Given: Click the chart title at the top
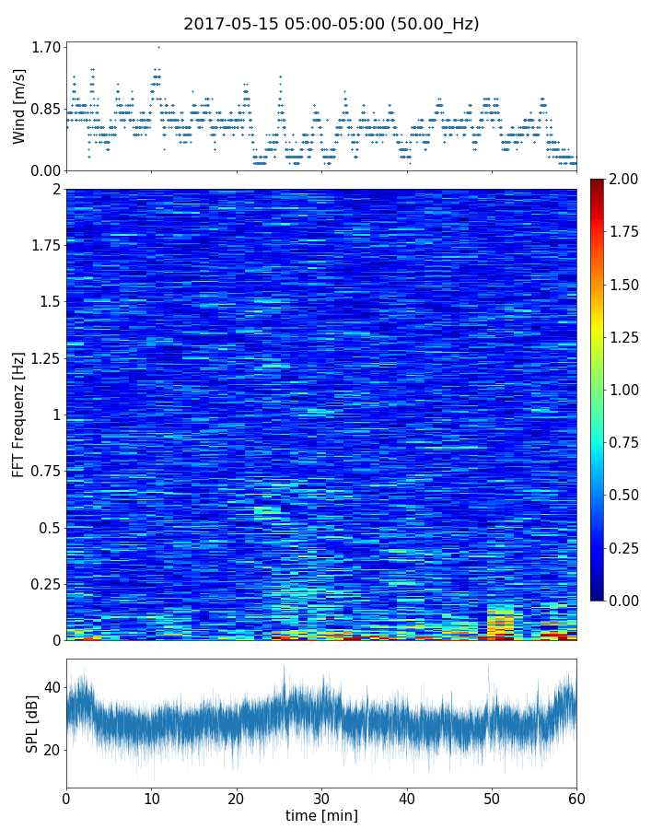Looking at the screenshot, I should click(x=331, y=24).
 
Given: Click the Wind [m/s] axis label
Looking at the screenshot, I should click(x=19, y=106).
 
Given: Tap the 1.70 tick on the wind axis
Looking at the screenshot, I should click(x=47, y=47).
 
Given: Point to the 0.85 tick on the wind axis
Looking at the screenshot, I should click(x=47, y=109).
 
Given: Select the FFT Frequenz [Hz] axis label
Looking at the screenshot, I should click(x=19, y=414).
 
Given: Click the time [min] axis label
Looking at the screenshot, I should click(x=321, y=815).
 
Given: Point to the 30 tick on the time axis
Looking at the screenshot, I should click(x=321, y=798).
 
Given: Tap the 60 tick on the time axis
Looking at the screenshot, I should click(x=576, y=798).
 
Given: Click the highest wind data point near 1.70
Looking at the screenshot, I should click(x=158, y=47).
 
